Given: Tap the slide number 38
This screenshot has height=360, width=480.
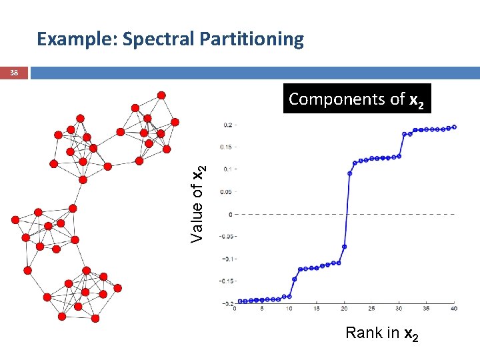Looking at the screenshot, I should tap(14, 74).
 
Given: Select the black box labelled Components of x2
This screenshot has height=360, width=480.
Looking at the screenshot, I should tap(357, 99).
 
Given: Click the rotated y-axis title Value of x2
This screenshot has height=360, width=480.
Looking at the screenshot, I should tap(198, 203).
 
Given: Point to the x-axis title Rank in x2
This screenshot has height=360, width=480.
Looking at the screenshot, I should tap(381, 333).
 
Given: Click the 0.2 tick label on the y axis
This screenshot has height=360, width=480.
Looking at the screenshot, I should tap(227, 125).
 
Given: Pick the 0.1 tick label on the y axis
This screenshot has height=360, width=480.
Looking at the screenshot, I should tap(227, 169).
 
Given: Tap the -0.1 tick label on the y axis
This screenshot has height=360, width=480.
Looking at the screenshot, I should tap(226, 259).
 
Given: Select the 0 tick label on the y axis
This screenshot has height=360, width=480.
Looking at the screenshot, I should tap(230, 214).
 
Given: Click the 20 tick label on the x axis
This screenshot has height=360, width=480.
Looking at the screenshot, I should tap(344, 309).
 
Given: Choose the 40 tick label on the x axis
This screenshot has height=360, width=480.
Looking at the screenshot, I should tap(454, 309).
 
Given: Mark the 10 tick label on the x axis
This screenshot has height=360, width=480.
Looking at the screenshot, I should tap(289, 309).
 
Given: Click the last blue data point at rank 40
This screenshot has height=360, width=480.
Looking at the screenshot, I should tap(454, 127).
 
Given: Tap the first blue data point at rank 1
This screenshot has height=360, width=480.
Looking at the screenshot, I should tap(240, 301).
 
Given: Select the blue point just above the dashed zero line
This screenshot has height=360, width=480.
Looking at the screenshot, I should tap(349, 173).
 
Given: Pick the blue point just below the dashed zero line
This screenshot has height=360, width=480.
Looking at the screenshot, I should tap(345, 246).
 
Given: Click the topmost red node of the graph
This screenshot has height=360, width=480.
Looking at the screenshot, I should tap(162, 94).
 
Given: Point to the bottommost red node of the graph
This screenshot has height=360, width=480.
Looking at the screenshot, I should tap(95, 319).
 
